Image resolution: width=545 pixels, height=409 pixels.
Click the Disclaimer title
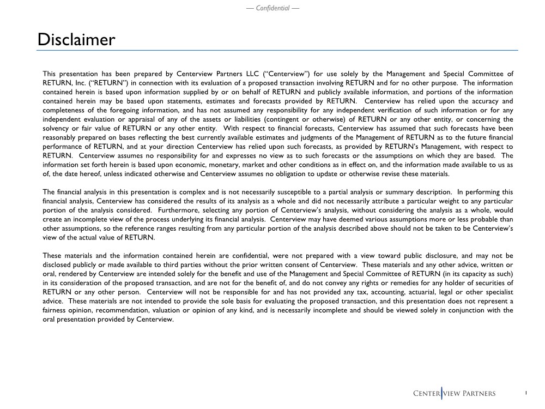pos(76,40)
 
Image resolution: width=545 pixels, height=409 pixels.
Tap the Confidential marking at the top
pos(272,8)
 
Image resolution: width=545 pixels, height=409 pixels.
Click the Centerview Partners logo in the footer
pos(455,394)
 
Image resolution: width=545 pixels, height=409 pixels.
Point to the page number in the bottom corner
pos(526,393)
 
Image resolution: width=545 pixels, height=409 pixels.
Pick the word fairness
pos(56,310)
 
